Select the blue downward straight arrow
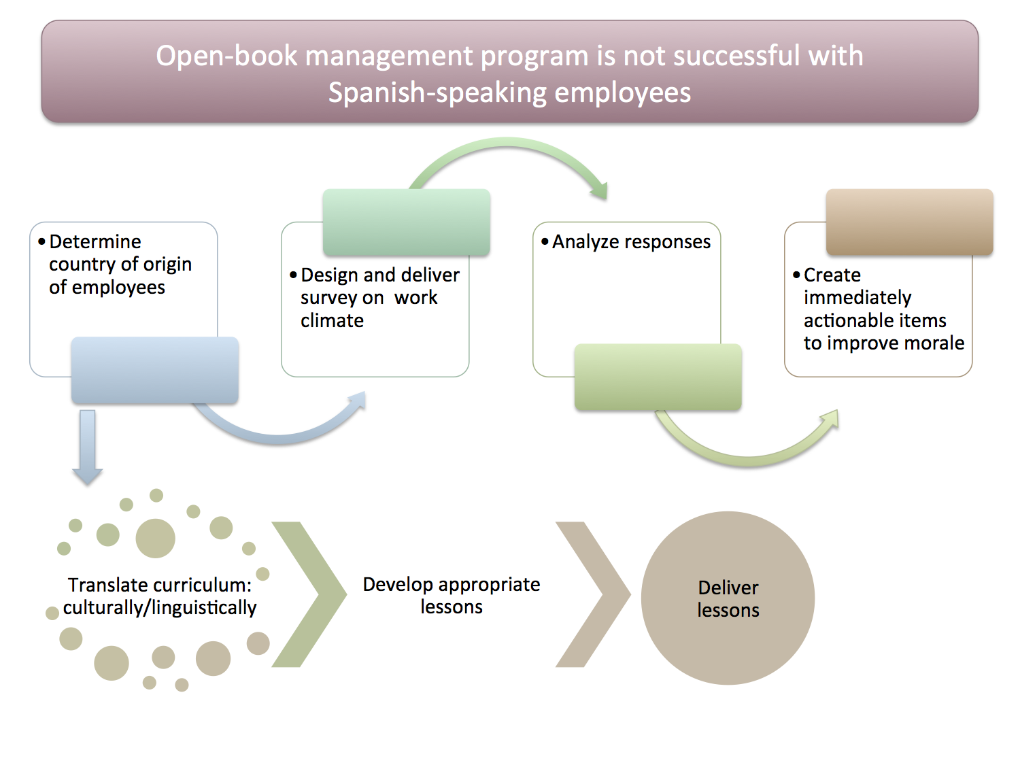pos(87,445)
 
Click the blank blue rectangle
pos(155,371)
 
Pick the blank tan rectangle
pos(909,222)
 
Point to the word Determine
pos(95,241)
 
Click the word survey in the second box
pos(328,298)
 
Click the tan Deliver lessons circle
pos(728,598)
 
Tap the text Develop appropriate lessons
pos(452,595)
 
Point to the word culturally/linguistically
pos(160,608)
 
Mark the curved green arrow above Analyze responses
pos(510,146)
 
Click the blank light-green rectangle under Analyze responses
pos(658,377)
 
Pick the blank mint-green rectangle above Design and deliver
pos(407,222)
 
